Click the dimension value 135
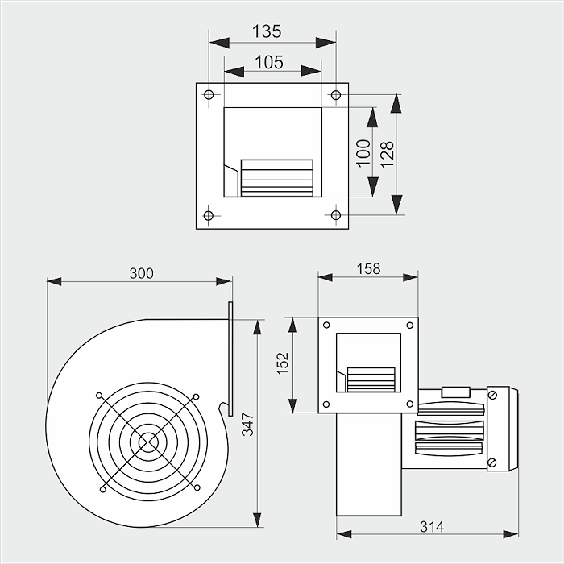coord(267,31)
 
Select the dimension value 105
coord(269,62)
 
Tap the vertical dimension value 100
coord(363,153)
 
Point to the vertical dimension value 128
coord(387,155)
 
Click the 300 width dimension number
coord(141,273)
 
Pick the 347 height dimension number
coord(247,425)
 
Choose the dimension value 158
coord(368,268)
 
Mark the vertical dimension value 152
coord(283,363)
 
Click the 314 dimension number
coord(432,527)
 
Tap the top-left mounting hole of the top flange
coord(209,94)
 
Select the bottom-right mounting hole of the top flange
coord(336,215)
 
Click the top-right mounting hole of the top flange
coord(336,95)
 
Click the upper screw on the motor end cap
coord(493,396)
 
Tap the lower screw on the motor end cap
coord(493,462)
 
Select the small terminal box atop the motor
coord(456,392)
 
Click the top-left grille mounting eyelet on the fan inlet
coord(99,396)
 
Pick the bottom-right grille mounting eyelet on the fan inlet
coord(197,487)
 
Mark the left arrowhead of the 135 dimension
coord(219,43)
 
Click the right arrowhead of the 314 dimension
coord(511,534)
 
